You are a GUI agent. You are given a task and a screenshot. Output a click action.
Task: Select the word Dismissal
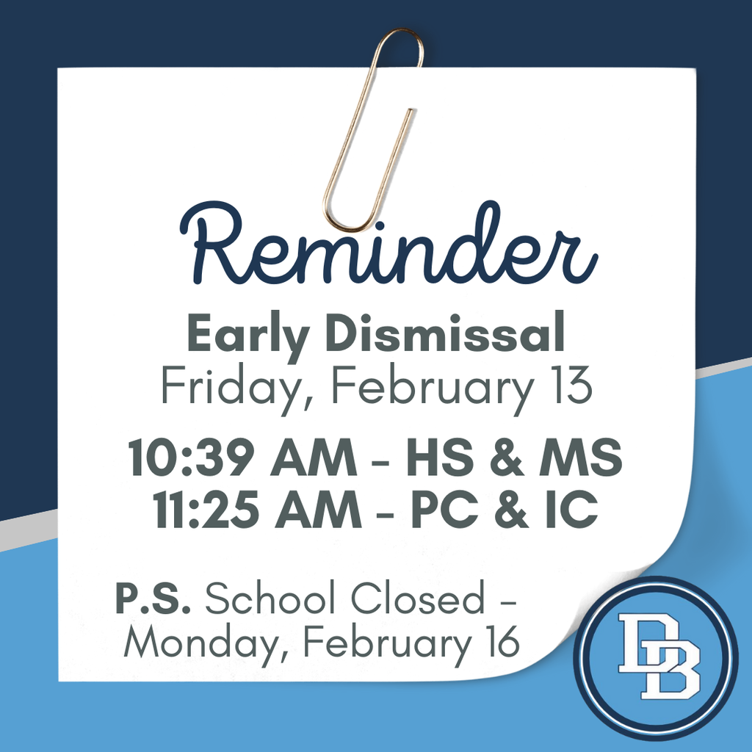tap(445, 334)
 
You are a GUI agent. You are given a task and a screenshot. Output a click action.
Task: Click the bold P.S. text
tap(153, 600)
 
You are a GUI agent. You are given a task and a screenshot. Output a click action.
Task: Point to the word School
tap(272, 600)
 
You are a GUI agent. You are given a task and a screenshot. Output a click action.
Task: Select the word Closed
tap(416, 600)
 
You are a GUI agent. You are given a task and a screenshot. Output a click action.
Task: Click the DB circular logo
tap(655, 657)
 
